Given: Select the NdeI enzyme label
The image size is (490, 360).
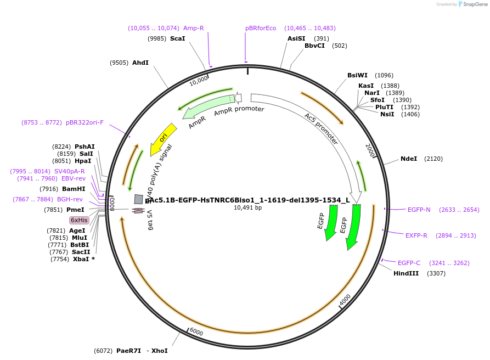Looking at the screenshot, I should pos(409,159).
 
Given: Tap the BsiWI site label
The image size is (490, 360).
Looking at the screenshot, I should pos(357,75).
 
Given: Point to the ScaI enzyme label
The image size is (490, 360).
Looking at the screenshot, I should pos(178,38).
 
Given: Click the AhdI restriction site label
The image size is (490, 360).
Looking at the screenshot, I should pos(140,63).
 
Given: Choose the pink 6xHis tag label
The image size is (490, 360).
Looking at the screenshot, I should pos(79,220).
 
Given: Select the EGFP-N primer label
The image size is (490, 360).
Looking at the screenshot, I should pos(419,210).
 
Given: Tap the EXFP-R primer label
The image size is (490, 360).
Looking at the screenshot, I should pos(416,235).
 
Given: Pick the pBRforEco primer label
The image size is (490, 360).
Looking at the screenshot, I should pos(261,28).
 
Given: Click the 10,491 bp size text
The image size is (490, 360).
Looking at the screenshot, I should pos(248,208).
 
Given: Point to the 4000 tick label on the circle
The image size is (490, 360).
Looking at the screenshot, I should pos(345,300).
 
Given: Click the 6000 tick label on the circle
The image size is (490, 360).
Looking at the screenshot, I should pos(196,332).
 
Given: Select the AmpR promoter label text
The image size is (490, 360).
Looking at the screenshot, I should pos(239,110).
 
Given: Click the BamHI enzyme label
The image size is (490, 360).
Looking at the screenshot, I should pos(73,189).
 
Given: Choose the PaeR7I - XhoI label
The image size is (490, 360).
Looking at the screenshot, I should pos(142,351).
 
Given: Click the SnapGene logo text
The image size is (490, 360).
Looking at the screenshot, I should pos(475,4).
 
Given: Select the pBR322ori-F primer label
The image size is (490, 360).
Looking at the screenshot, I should pos(85,122).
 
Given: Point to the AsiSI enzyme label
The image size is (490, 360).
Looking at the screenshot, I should pos(296,38).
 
